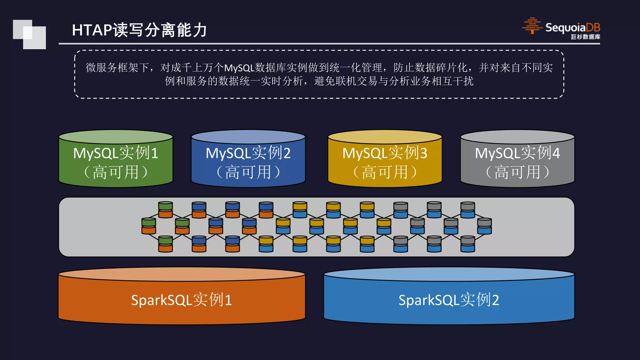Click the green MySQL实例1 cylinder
[116, 159]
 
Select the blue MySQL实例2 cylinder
[248, 159]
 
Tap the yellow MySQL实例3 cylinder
[385, 159]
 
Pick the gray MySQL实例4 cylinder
[517, 159]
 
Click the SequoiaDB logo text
[572, 27]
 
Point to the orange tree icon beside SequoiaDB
[532, 26]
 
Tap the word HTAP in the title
[92, 30]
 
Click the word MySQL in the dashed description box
[239, 68]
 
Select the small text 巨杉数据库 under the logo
[585, 37]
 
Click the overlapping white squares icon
[29, 34]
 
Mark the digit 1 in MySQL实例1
[154, 153]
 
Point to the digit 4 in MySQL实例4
[556, 153]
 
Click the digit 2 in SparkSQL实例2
[495, 300]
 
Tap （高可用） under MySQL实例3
[385, 172]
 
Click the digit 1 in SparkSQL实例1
[228, 300]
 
